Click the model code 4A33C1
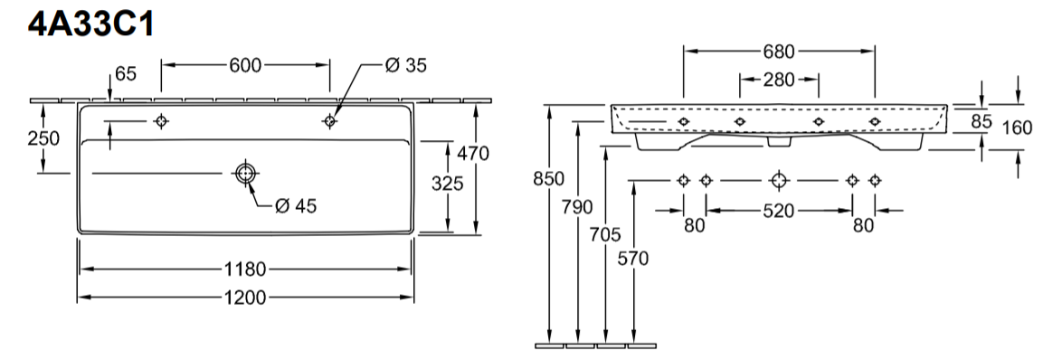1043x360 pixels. coord(91,24)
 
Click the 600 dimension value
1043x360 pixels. coord(245,65)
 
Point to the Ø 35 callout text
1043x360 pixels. coord(406,65)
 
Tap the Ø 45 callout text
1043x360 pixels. coord(296,206)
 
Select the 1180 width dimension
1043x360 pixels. coord(245,270)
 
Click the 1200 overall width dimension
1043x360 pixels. coord(245,298)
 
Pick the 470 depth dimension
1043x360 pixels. coord(473,154)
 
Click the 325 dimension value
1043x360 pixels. coord(447,184)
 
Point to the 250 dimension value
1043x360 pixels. coord(43,138)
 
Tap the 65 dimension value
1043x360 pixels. coord(126,73)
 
